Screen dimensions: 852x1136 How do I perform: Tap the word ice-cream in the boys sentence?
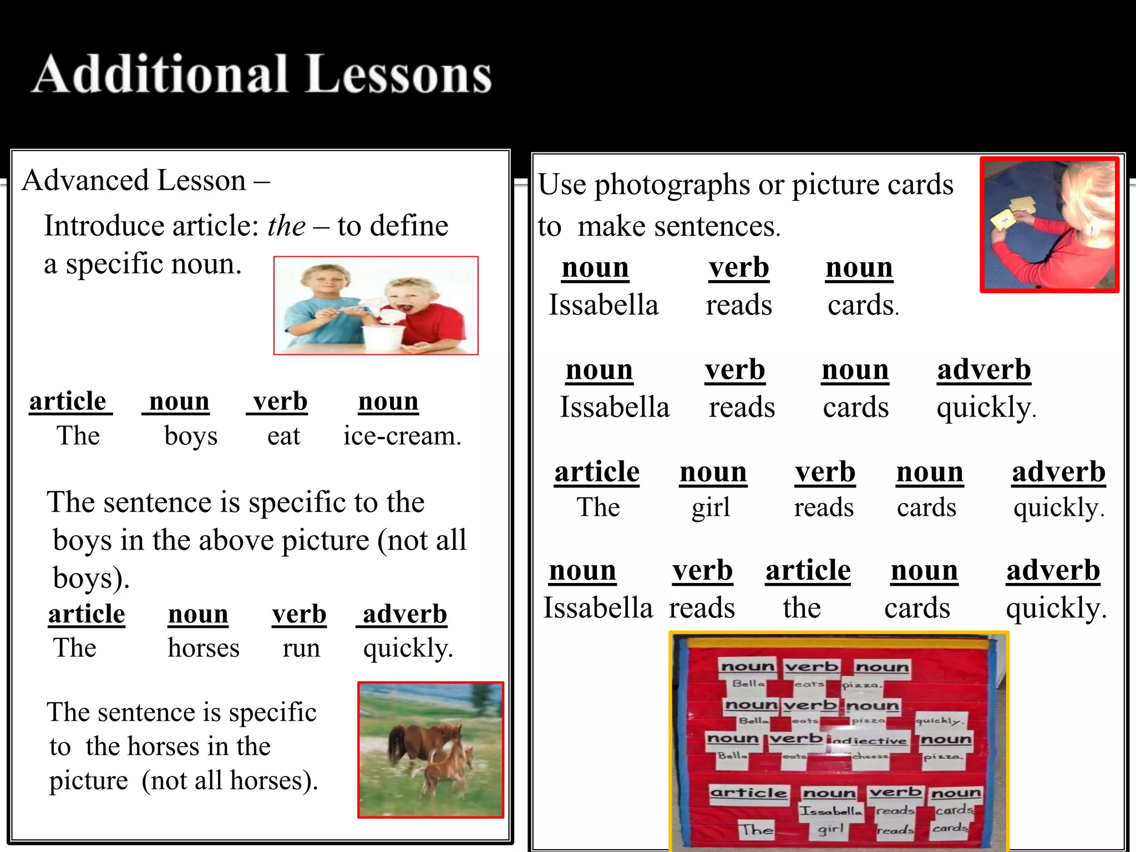click(x=402, y=436)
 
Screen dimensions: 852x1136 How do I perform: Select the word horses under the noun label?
click(x=204, y=648)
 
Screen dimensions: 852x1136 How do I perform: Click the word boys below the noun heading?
click(x=191, y=436)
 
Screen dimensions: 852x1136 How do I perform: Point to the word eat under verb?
click(x=283, y=436)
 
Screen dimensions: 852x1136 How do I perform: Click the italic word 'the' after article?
click(x=286, y=226)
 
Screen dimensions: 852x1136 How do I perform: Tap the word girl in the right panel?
click(x=711, y=508)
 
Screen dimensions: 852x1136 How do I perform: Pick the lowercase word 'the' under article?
click(x=802, y=608)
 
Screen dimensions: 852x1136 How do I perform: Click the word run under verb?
click(x=301, y=648)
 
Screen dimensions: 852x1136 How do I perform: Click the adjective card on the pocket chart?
click(x=868, y=741)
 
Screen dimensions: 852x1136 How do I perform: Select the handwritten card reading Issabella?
click(x=830, y=812)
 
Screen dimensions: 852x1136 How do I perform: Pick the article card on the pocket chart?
click(x=748, y=793)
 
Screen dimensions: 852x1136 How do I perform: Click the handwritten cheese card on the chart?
click(x=870, y=757)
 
